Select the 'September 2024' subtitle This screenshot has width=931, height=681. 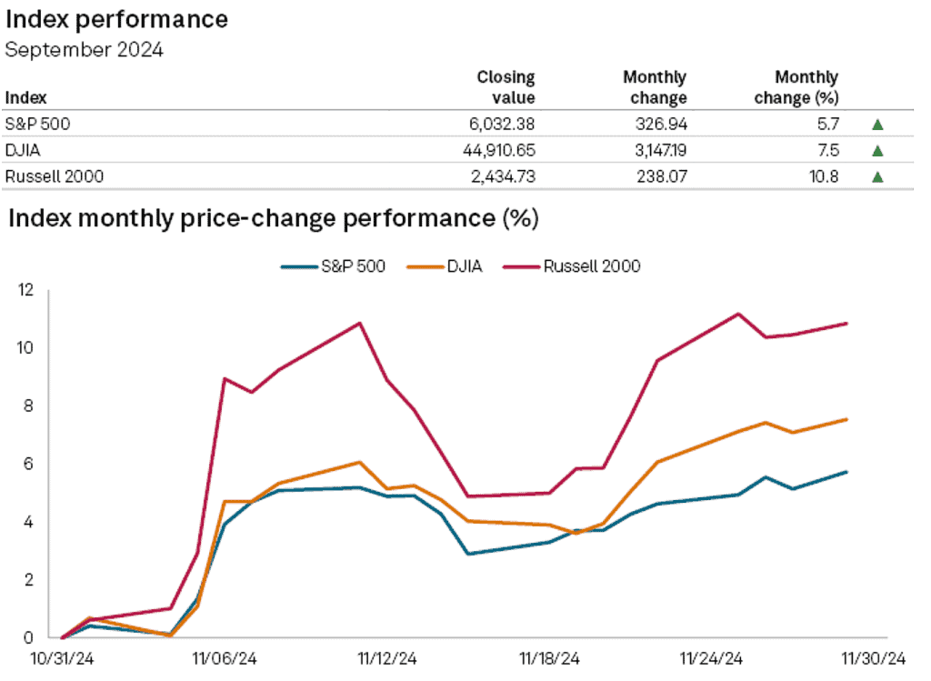[x=85, y=51]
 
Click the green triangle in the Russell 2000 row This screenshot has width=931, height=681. [x=877, y=177]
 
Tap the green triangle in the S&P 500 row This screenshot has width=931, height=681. [x=877, y=125]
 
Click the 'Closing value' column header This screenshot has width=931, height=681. [x=506, y=87]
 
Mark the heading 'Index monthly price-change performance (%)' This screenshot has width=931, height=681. [x=273, y=218]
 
